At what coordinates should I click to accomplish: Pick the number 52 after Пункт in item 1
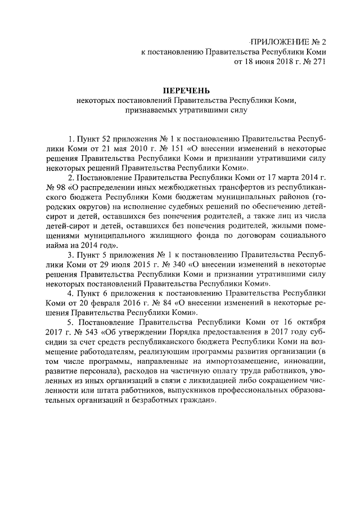(x=94, y=138)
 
